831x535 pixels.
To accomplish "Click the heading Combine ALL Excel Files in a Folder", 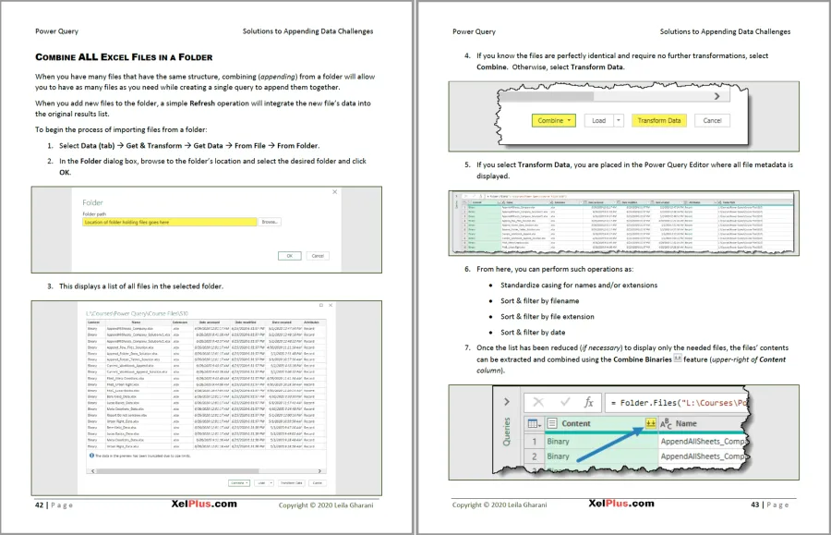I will click(124, 56).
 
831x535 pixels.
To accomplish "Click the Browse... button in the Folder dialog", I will click(269, 223).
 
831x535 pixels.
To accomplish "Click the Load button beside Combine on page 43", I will click(602, 120).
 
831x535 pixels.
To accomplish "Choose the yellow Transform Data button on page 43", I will click(659, 120).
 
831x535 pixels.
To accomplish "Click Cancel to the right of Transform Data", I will click(712, 120).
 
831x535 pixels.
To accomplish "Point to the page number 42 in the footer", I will click(40, 505).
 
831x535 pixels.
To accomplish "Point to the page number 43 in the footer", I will click(755, 505).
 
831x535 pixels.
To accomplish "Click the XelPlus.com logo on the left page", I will click(204, 505).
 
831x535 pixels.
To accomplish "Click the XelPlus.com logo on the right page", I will click(621, 505).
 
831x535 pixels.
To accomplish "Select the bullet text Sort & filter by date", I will click(535, 332).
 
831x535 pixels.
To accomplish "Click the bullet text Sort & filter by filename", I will click(540, 301).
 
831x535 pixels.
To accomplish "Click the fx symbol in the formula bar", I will click(587, 403).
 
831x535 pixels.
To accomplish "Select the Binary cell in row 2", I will click(559, 456).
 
